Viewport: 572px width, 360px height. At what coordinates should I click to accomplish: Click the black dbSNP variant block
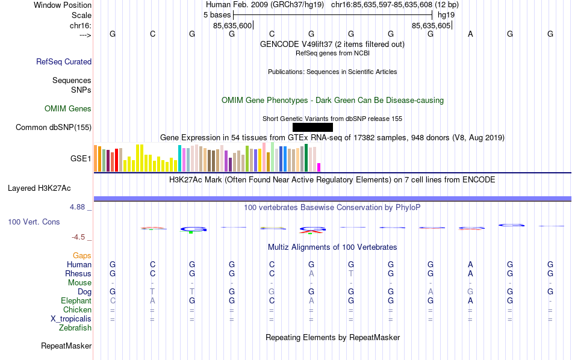312,127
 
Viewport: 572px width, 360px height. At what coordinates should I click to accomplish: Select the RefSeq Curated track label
64,61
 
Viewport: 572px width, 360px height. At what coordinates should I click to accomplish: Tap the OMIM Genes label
68,109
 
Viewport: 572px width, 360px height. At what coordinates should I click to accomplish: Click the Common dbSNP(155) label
54,127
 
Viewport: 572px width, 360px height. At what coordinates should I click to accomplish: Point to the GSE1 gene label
81,159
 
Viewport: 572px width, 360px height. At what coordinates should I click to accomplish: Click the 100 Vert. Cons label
34,222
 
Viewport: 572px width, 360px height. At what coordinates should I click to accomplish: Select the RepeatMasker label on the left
66,346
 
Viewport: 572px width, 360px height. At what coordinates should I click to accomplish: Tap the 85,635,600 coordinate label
232,26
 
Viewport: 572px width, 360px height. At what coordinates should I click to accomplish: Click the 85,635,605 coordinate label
431,26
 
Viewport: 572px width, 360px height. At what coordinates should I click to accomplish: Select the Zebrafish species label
75,328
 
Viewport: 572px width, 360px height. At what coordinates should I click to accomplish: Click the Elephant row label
76,301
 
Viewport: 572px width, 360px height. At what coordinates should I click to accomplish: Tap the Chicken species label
77,310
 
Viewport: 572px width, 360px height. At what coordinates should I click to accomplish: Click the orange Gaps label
82,256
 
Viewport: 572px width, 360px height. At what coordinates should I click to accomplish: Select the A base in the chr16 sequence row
470,34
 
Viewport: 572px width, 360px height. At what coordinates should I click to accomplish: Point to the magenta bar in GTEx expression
319,167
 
